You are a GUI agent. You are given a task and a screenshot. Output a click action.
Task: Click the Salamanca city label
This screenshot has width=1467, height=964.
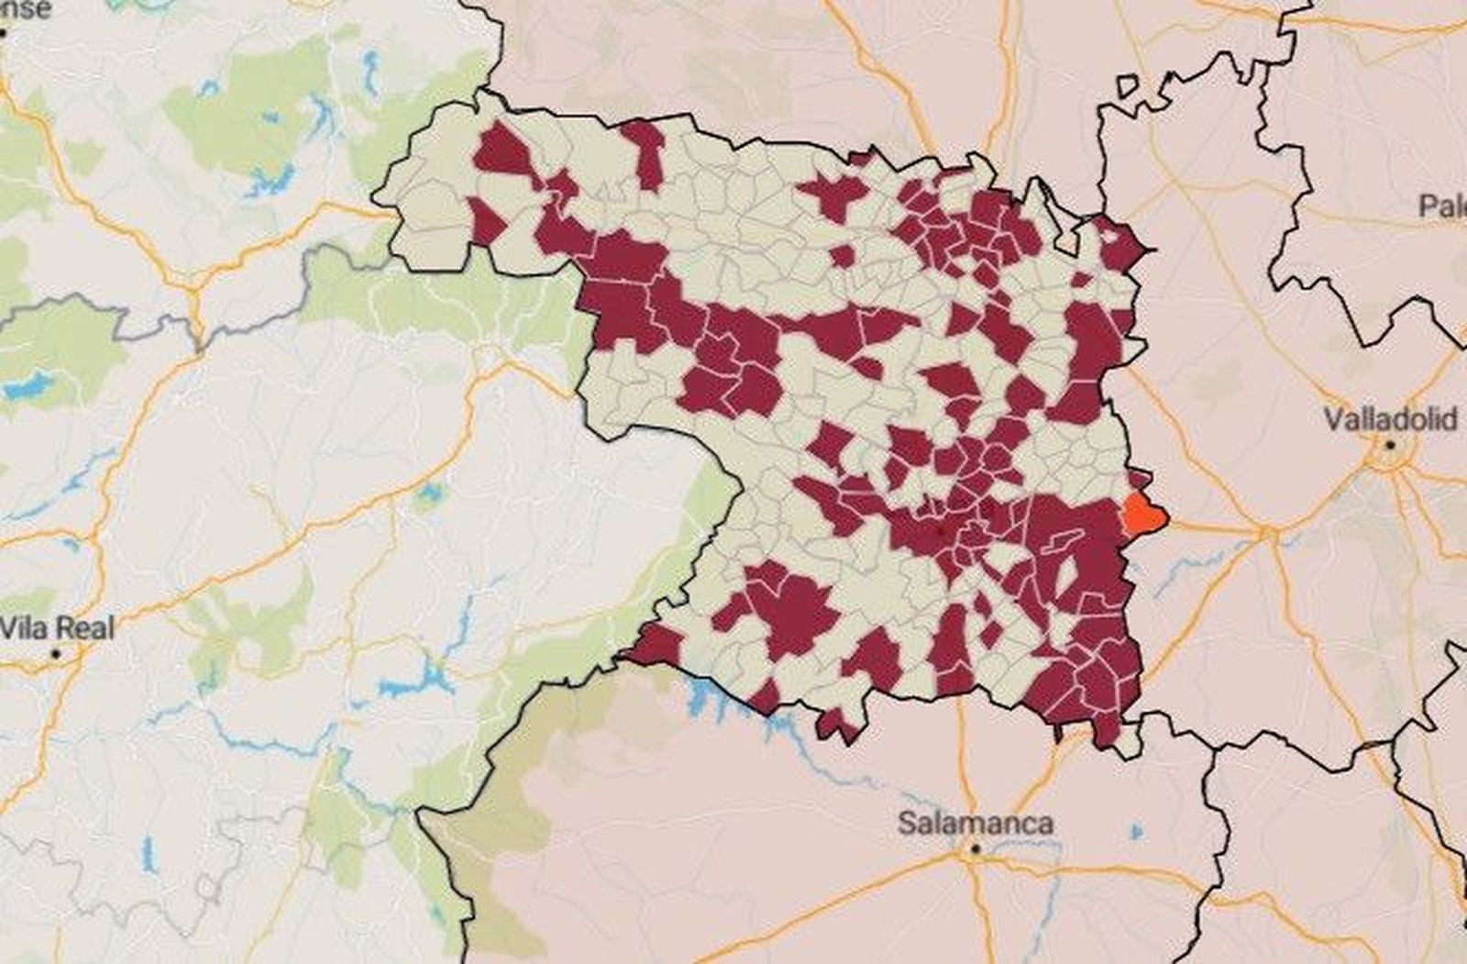[x=975, y=823]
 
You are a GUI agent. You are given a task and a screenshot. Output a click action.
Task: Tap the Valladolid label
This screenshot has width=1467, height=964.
[x=1390, y=420]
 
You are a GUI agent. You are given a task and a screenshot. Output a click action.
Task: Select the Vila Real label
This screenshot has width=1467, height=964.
[x=57, y=628]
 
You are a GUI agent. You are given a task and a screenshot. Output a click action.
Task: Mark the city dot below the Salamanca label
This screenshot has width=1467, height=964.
[x=976, y=849]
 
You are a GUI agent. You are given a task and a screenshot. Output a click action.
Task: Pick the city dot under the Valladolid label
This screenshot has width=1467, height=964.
[x=1391, y=445]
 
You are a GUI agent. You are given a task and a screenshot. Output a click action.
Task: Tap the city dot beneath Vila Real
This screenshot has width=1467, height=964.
[x=56, y=654]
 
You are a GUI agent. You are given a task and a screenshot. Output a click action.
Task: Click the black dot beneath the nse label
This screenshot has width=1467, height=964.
[x=4, y=33]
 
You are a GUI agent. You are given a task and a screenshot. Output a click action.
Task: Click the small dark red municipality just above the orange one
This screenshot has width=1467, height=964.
[x=1139, y=480]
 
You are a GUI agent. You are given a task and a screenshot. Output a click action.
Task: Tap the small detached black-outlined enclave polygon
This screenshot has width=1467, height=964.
[x=1127, y=84]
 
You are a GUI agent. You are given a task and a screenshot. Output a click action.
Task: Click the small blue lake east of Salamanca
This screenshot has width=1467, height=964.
[x=1137, y=832]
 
